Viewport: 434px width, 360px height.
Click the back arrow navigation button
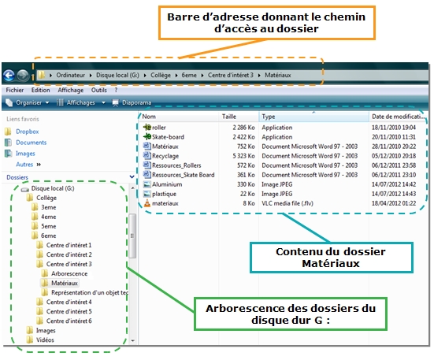pos(9,76)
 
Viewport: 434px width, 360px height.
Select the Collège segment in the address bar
pos(161,76)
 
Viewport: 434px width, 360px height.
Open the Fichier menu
pos(15,90)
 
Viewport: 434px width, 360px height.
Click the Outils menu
pos(98,90)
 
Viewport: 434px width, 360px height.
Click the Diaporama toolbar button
pos(132,102)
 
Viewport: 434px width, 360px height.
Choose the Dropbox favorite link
pos(27,132)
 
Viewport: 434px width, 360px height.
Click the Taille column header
pos(229,117)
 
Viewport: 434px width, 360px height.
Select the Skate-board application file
pos(168,137)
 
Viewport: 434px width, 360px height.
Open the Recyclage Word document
pos(165,156)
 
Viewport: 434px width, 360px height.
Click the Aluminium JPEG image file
pos(167,184)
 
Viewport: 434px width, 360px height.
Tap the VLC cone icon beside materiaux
pos(147,203)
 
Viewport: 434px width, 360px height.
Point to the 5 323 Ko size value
pos(243,156)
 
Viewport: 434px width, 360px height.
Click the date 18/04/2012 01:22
pos(394,203)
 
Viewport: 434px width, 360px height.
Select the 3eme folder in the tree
pos(48,207)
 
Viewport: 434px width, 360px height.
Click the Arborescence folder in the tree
pos(69,273)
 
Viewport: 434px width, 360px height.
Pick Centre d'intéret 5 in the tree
pos(69,312)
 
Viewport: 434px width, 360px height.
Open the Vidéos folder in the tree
pos(45,340)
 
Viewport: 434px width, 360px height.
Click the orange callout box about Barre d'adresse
pos(266,23)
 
